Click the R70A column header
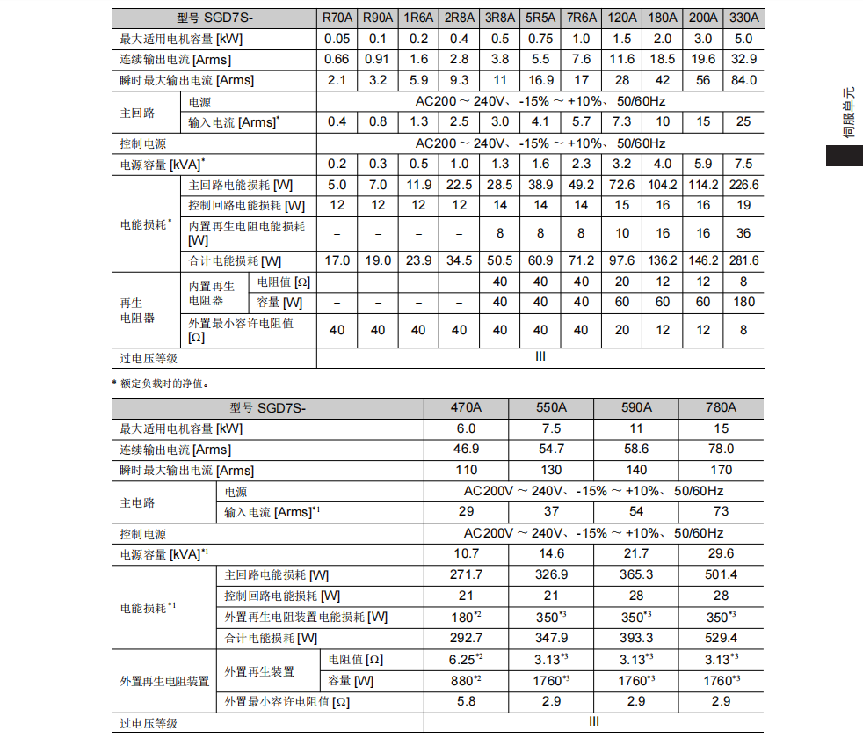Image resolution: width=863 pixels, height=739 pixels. point(337,18)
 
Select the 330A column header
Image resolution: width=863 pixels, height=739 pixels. point(743,18)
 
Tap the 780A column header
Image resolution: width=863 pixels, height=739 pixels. point(721,407)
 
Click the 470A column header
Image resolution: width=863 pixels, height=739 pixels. point(466,407)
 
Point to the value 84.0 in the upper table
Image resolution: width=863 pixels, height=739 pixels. point(743,80)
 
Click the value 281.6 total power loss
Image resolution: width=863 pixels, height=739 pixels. point(743,260)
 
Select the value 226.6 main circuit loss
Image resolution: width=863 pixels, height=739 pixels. point(743,184)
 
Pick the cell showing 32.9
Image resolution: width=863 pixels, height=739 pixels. point(743,59)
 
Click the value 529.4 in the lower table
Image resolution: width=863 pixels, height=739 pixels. point(721,638)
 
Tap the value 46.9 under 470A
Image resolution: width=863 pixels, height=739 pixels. point(466,449)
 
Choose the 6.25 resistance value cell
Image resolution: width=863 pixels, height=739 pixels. point(466,659)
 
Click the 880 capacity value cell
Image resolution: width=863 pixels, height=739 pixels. point(466,680)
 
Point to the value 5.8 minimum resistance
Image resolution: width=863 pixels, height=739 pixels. point(466,701)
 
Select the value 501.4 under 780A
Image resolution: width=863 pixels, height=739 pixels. point(721,574)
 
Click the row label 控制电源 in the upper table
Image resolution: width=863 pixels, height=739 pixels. point(143,143)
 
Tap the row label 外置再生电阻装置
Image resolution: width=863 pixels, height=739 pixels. point(164,681)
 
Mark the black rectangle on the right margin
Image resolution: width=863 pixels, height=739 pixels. point(844,155)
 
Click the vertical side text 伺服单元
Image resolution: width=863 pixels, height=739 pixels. point(848,113)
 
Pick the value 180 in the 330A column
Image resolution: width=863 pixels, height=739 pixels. point(743,302)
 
